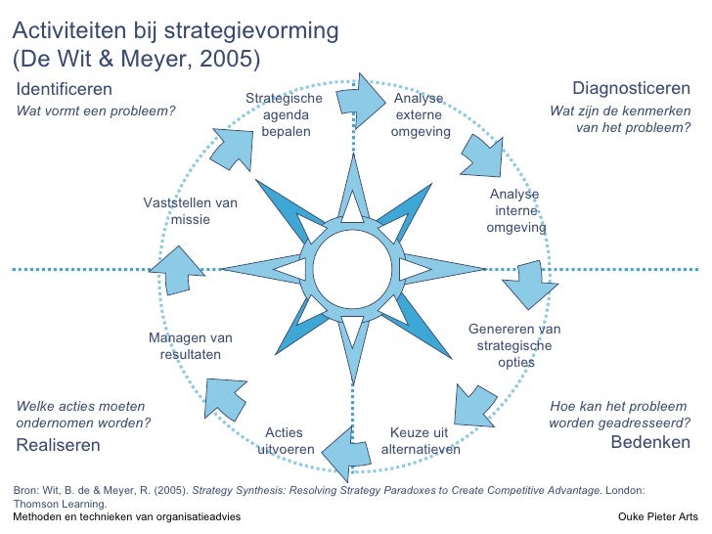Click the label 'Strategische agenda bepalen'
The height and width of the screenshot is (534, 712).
284,115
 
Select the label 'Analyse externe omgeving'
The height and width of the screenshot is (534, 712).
420,115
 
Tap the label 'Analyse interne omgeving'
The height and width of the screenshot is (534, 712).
515,211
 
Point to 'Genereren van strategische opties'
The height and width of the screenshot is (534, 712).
514,345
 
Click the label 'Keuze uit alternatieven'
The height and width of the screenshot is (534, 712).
420,441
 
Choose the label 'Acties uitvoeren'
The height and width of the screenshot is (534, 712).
285,441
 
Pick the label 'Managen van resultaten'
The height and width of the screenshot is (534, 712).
191,345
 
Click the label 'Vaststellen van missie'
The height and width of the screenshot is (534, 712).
191,210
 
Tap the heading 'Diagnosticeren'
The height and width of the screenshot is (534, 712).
631,90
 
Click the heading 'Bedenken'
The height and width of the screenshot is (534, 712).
650,443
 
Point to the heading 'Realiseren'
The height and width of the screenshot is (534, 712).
59,445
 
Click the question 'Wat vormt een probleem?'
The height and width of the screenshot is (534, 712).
97,111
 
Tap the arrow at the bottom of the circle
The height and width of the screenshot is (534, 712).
342,450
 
